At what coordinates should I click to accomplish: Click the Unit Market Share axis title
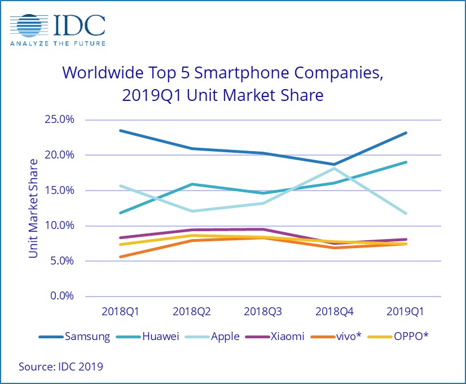tap(34, 209)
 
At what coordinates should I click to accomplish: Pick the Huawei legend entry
tap(156, 337)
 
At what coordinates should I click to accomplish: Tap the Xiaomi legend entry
tap(287, 337)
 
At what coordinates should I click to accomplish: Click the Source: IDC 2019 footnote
tap(61, 367)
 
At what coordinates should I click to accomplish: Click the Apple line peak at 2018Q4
tap(335, 168)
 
